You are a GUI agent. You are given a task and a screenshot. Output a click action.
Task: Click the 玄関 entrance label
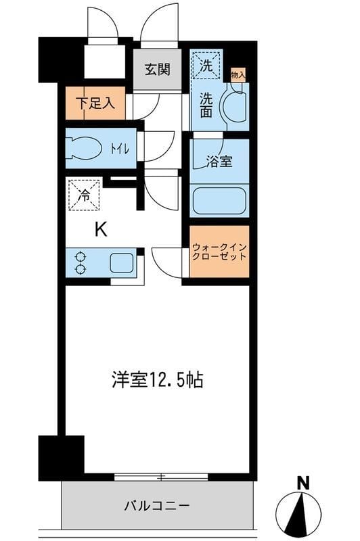[x=156, y=68]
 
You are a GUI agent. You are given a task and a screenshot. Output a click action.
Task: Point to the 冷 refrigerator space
[x=84, y=196]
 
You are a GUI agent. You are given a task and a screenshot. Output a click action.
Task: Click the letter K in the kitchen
[x=100, y=230]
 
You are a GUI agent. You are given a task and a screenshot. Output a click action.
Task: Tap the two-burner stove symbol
[x=81, y=262]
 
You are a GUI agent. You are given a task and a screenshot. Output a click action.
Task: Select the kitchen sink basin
[x=122, y=262]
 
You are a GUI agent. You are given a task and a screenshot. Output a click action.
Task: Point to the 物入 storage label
[x=238, y=74]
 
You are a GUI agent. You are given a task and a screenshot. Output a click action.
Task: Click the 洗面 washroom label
[x=207, y=104]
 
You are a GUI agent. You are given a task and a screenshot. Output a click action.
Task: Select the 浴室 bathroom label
[x=219, y=162]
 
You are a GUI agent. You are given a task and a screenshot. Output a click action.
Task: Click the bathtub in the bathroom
[x=219, y=200]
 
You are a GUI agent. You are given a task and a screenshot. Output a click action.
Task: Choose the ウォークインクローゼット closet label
[x=219, y=252]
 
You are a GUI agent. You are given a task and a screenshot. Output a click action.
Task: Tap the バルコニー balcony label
[x=156, y=505]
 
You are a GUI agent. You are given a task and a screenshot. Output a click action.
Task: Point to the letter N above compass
[x=303, y=483]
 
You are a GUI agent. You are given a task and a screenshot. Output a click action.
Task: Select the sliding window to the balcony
[x=161, y=477]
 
